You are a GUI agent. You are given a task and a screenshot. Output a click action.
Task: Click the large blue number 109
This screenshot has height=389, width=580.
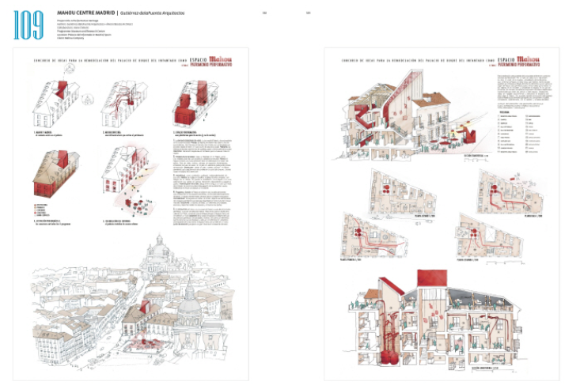[30, 25]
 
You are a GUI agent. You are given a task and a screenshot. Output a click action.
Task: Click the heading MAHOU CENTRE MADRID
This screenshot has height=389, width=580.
[86, 13]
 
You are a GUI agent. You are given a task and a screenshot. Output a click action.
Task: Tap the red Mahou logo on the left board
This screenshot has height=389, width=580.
[214, 57]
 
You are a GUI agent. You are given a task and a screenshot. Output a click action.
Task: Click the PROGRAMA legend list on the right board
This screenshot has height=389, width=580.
[513, 134]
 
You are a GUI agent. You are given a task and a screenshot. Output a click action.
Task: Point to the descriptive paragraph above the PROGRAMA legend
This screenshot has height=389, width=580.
[514, 91]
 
